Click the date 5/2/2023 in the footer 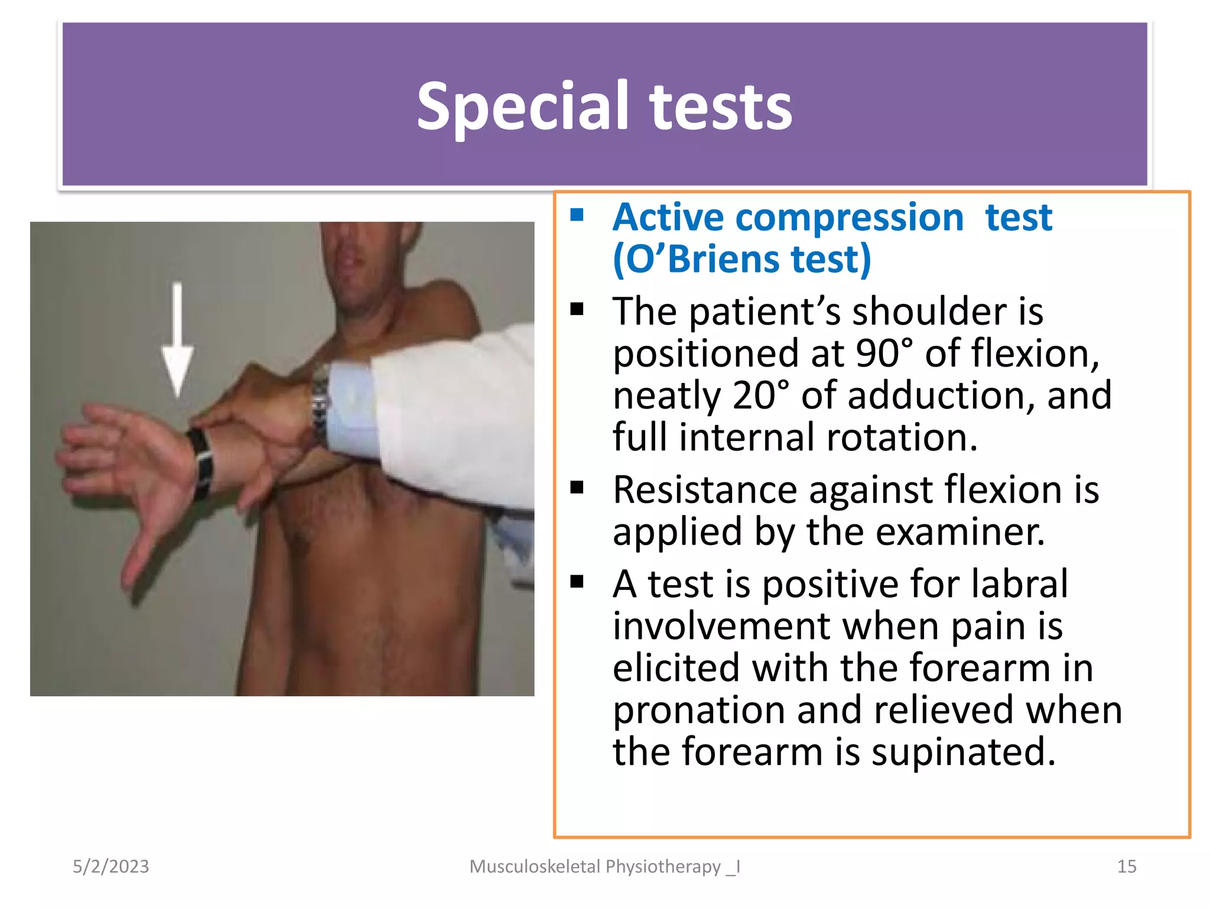point(110,867)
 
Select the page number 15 point(1126,867)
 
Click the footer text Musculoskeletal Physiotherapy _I point(604,867)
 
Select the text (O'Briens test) point(741,260)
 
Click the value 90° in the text point(884,354)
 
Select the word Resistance point(705,490)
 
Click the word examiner point(959,532)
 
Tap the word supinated point(963,752)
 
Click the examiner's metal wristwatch point(320,402)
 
